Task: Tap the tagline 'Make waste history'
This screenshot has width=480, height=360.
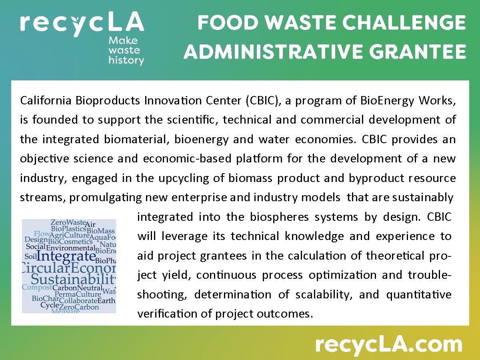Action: tap(126, 51)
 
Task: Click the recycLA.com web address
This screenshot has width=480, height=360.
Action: tap(388, 344)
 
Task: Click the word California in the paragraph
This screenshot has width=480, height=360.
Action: tap(46, 100)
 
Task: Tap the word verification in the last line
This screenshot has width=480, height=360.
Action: tap(168, 314)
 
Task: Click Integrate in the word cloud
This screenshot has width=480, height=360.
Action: tap(66, 256)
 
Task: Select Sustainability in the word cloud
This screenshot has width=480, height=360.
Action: tap(74, 279)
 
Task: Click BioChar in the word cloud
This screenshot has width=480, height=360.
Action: tap(42, 298)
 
